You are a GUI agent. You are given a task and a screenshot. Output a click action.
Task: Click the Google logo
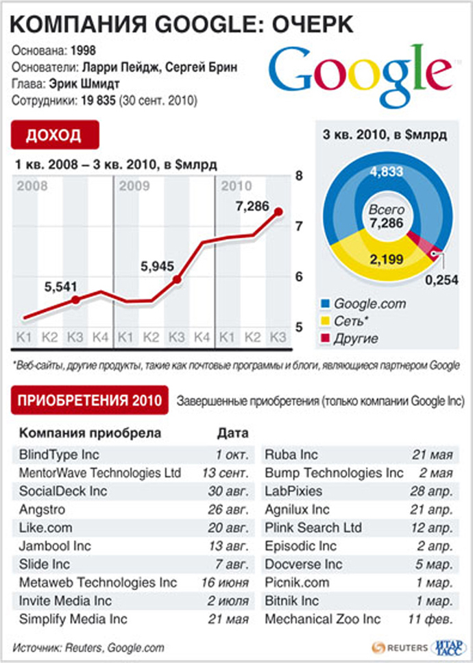(359, 71)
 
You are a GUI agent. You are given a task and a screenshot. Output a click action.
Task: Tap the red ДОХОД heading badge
(54, 134)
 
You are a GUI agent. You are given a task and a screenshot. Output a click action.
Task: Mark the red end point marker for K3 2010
(278, 213)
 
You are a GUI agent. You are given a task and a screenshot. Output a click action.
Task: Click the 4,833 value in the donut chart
(387, 172)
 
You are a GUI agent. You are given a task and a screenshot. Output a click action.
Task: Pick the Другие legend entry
(356, 338)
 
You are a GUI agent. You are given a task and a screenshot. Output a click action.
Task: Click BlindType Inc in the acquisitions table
(59, 454)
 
